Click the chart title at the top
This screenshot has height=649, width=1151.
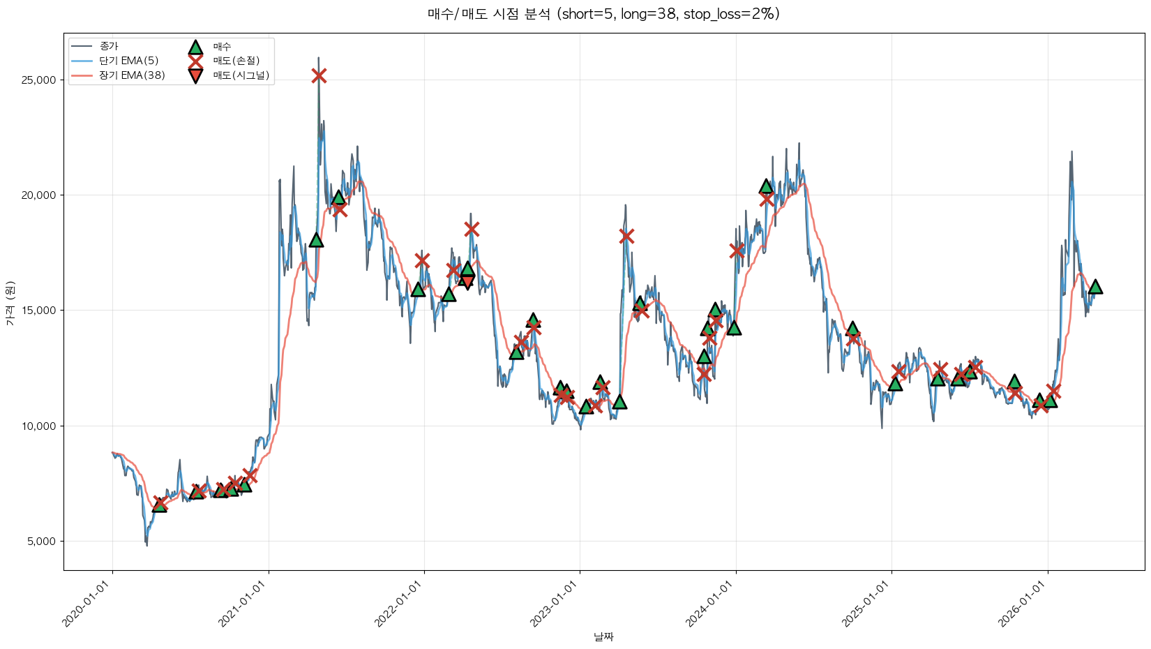(x=603, y=14)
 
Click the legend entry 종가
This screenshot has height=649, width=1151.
(x=109, y=47)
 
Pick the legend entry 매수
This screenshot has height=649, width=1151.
(x=222, y=47)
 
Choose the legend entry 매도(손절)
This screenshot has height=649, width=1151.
(x=236, y=61)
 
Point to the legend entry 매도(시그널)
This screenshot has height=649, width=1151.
(x=241, y=75)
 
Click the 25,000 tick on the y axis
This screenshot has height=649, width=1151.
(x=39, y=80)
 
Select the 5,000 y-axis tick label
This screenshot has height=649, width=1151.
(x=41, y=542)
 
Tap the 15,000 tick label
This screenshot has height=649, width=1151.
(x=39, y=311)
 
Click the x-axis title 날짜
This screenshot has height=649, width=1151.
(x=603, y=636)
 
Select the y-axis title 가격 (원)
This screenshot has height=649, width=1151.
(x=10, y=304)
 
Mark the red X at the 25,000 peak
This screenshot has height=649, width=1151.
(x=319, y=75)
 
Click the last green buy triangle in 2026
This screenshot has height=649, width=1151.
(x=1095, y=287)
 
